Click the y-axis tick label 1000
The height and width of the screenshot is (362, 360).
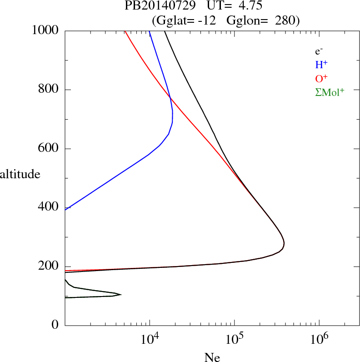(45, 30)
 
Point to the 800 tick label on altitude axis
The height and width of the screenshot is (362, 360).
(49, 90)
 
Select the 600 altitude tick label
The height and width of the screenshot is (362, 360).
(49, 149)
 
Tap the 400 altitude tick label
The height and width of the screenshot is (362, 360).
(49, 208)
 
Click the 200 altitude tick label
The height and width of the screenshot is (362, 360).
(49, 266)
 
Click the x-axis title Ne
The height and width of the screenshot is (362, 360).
(212, 357)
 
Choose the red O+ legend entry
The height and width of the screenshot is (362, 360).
(321, 79)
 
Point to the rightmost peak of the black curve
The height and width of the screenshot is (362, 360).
(284, 244)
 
